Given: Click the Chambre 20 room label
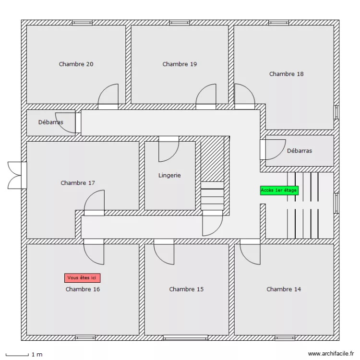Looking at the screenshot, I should coord(76,64).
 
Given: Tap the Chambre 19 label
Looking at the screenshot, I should coord(180,64).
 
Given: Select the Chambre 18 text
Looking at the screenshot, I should coord(286,74).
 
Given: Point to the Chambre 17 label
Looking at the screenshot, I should coord(78,183).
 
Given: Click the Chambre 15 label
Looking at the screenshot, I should coord(186,289).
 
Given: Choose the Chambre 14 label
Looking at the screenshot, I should coord(284,289).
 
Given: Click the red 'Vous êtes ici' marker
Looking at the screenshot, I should coord(83,277).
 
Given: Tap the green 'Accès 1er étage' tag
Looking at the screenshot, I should coord(279,190).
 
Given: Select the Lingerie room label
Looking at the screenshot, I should coord(169,176).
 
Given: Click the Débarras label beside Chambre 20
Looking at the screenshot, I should coord(51,122).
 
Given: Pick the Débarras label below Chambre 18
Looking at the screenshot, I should coord(300,151).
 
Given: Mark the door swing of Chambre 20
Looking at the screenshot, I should coord(109,95).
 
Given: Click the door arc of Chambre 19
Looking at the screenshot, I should coord(207,95).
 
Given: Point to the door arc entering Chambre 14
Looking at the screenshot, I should coord(250,252).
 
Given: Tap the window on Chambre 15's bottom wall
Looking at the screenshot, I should coord(185,337).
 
